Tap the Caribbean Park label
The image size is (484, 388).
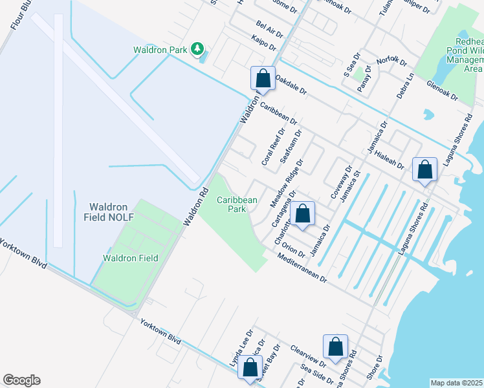(x=237, y=205)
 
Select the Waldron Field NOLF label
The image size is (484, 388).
(x=109, y=212)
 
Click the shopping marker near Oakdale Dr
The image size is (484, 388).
(x=263, y=79)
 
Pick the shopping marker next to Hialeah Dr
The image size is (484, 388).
(x=424, y=171)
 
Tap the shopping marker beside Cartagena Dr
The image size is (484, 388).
(x=302, y=213)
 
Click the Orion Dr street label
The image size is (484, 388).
(x=293, y=250)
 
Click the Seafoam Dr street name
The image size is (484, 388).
(x=291, y=148)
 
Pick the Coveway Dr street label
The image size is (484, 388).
(x=340, y=182)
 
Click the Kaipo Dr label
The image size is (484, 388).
(x=263, y=44)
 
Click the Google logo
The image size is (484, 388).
(x=21, y=380)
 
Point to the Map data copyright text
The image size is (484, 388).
(x=456, y=383)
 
